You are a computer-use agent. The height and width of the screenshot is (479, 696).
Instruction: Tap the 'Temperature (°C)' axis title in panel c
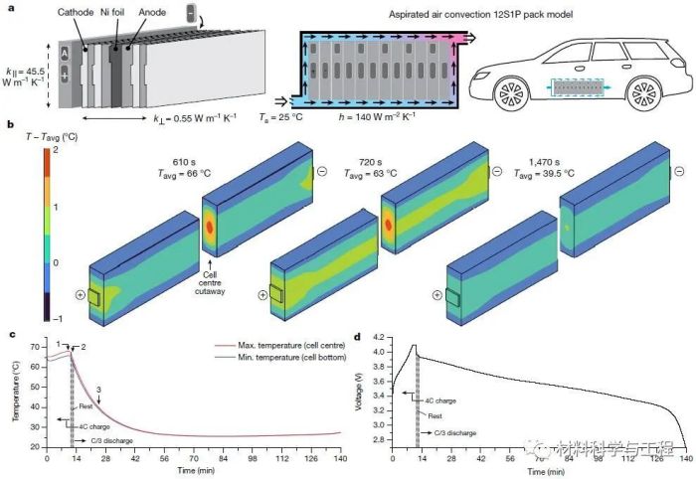point(18,395)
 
